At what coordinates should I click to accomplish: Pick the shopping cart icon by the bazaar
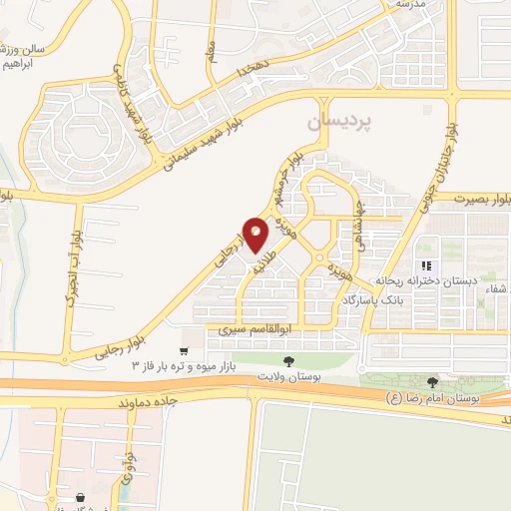pos(183,350)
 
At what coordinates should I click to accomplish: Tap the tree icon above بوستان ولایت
pos(287,360)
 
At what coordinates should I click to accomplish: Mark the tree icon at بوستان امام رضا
pos(432,382)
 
